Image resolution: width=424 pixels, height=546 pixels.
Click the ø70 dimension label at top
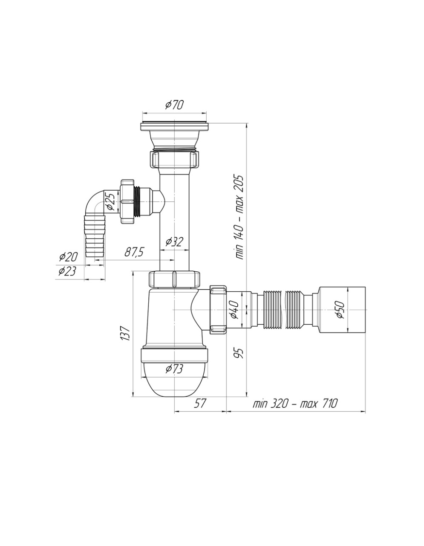[175, 105]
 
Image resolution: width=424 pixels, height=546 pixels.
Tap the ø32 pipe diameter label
[175, 242]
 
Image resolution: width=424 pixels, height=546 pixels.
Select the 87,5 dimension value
[134, 252]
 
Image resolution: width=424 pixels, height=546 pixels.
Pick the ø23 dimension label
[67, 271]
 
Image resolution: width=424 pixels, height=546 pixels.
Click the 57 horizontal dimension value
[200, 403]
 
